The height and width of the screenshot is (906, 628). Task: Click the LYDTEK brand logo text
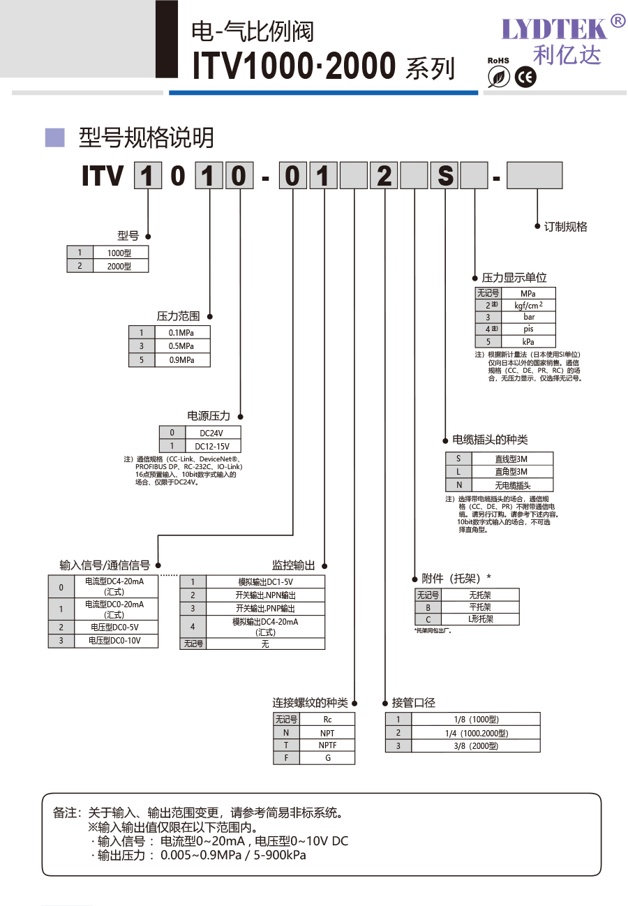(x=555, y=29)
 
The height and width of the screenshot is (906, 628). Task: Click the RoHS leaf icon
(x=498, y=77)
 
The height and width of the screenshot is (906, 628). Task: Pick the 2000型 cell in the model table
(x=119, y=266)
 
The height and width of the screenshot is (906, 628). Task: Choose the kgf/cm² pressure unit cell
(x=528, y=305)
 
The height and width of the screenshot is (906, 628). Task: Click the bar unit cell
(x=528, y=317)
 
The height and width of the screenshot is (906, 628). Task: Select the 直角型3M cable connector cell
(x=512, y=472)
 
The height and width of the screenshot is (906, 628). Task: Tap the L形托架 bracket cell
(x=480, y=619)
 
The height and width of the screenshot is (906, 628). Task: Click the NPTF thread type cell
(x=327, y=745)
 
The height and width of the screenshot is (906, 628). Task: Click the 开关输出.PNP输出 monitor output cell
(x=265, y=609)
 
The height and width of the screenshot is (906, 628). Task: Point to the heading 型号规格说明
(x=146, y=138)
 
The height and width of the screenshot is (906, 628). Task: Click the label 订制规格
(x=565, y=227)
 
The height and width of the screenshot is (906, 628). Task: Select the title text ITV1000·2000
(x=294, y=66)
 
